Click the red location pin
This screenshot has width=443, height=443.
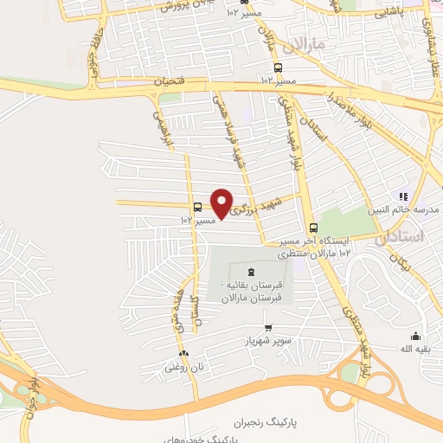tap(222, 203)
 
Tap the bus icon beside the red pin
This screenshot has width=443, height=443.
tap(199, 208)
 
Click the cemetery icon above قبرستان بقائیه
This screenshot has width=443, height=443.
tap(252, 272)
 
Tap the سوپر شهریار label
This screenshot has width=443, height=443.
tap(268, 341)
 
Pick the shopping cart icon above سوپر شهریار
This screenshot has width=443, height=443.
tap(268, 328)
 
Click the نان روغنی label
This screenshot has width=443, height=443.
tap(183, 367)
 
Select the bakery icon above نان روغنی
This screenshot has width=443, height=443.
tap(183, 354)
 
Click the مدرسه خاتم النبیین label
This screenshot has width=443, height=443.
tap(411, 209)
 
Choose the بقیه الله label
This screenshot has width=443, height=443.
tap(415, 349)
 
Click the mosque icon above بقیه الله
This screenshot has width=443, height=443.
tap(415, 337)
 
